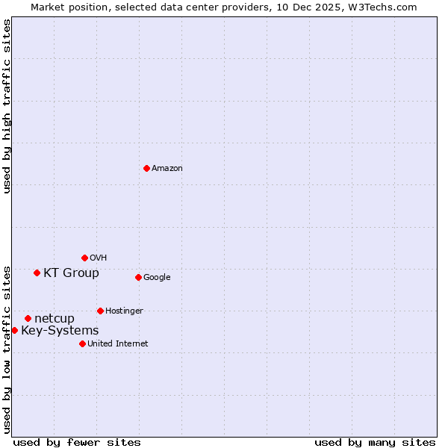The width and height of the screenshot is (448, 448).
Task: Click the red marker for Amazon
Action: [x=146, y=168]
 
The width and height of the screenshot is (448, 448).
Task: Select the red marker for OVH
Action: [x=84, y=258]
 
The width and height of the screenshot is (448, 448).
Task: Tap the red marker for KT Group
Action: [x=37, y=273]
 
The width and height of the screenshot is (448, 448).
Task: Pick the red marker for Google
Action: [x=138, y=277]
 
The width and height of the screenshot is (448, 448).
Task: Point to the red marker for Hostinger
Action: [x=100, y=311]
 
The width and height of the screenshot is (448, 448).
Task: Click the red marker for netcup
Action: [x=28, y=318]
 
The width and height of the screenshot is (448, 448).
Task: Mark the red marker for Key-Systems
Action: [x=14, y=330]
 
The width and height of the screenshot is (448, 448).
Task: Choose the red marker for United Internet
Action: [x=82, y=343]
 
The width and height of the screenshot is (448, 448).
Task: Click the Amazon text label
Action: [x=167, y=169]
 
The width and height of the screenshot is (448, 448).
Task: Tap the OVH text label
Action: [x=98, y=258]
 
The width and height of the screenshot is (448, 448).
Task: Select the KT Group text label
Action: [x=71, y=273]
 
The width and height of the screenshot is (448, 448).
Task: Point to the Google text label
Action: [x=157, y=278]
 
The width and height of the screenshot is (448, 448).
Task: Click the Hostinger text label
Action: [x=124, y=311]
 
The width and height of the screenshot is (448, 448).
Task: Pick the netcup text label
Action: [x=55, y=319]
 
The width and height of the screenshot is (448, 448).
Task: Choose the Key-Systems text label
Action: [x=60, y=331]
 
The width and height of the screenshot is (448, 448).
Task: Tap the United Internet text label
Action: [x=117, y=344]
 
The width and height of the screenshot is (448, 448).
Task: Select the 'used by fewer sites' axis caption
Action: [x=77, y=442]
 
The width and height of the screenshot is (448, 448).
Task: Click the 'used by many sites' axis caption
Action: [x=375, y=442]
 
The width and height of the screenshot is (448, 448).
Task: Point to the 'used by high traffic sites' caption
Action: [x=7, y=106]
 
